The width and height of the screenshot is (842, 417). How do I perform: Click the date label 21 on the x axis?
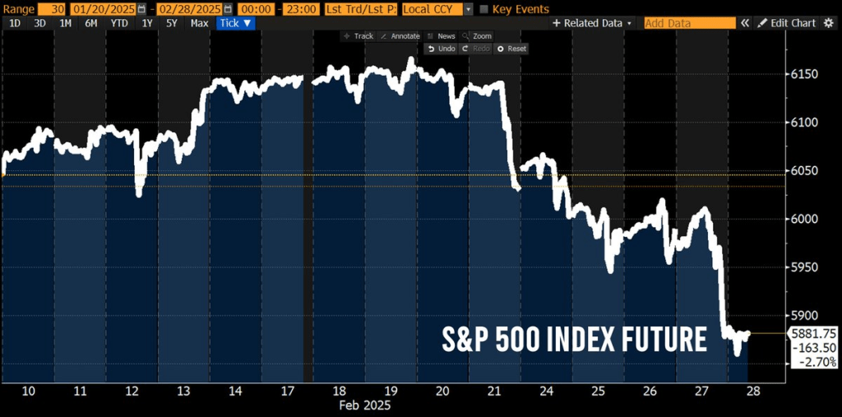(x=493, y=391)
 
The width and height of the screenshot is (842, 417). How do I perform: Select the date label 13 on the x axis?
(x=183, y=391)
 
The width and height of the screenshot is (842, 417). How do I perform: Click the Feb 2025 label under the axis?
(x=365, y=405)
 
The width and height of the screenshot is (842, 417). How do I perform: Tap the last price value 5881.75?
(x=812, y=333)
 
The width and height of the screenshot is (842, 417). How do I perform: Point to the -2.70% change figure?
(x=812, y=361)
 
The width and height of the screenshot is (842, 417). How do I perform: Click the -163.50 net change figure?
(x=812, y=347)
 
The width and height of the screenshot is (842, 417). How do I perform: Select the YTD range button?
(x=119, y=23)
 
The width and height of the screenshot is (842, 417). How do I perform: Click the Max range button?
(x=199, y=23)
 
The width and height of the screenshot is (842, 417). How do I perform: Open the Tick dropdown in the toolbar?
(x=236, y=23)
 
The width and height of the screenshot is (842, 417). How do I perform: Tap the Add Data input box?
(x=689, y=23)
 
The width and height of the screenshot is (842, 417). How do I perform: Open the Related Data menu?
(x=593, y=23)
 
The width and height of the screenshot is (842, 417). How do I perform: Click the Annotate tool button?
(x=400, y=36)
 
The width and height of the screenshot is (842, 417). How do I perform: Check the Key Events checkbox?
(x=483, y=9)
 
